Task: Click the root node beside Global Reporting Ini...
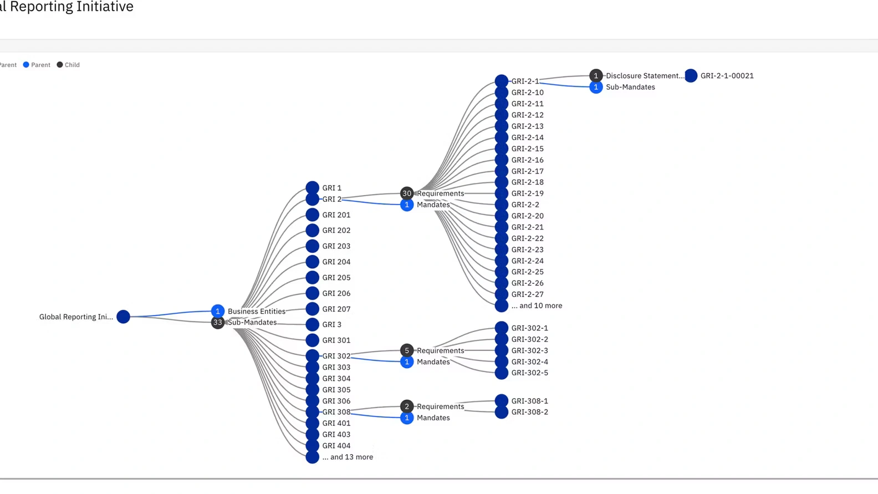point(123,317)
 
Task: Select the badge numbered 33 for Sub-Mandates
point(217,322)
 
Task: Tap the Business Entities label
point(256,311)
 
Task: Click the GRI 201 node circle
point(312,215)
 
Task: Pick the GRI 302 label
point(336,356)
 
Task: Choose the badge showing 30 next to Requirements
point(406,193)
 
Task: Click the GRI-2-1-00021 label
point(727,76)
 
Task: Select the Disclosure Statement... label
point(645,76)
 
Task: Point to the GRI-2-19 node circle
point(501,193)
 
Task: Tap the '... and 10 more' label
point(536,305)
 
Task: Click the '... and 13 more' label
point(347,457)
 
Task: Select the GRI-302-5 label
point(529,373)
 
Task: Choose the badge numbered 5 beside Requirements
point(406,350)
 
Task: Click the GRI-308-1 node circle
point(501,400)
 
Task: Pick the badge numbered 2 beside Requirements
point(406,406)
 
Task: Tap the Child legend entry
point(68,65)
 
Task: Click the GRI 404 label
point(336,446)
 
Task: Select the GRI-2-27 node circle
point(501,294)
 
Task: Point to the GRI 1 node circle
point(312,187)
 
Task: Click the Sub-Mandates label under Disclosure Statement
point(630,87)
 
